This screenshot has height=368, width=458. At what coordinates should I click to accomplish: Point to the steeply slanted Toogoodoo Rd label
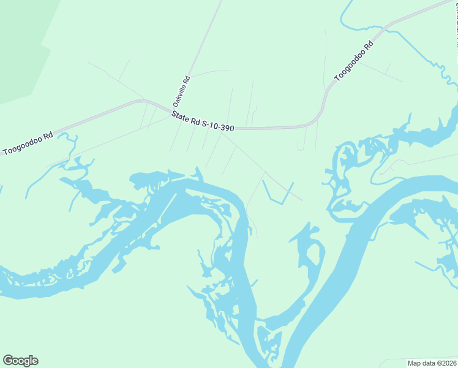click(x=353, y=61)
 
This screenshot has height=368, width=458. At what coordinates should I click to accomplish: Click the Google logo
click(x=20, y=361)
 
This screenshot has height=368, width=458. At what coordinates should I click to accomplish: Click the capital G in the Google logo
click(x=8, y=361)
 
